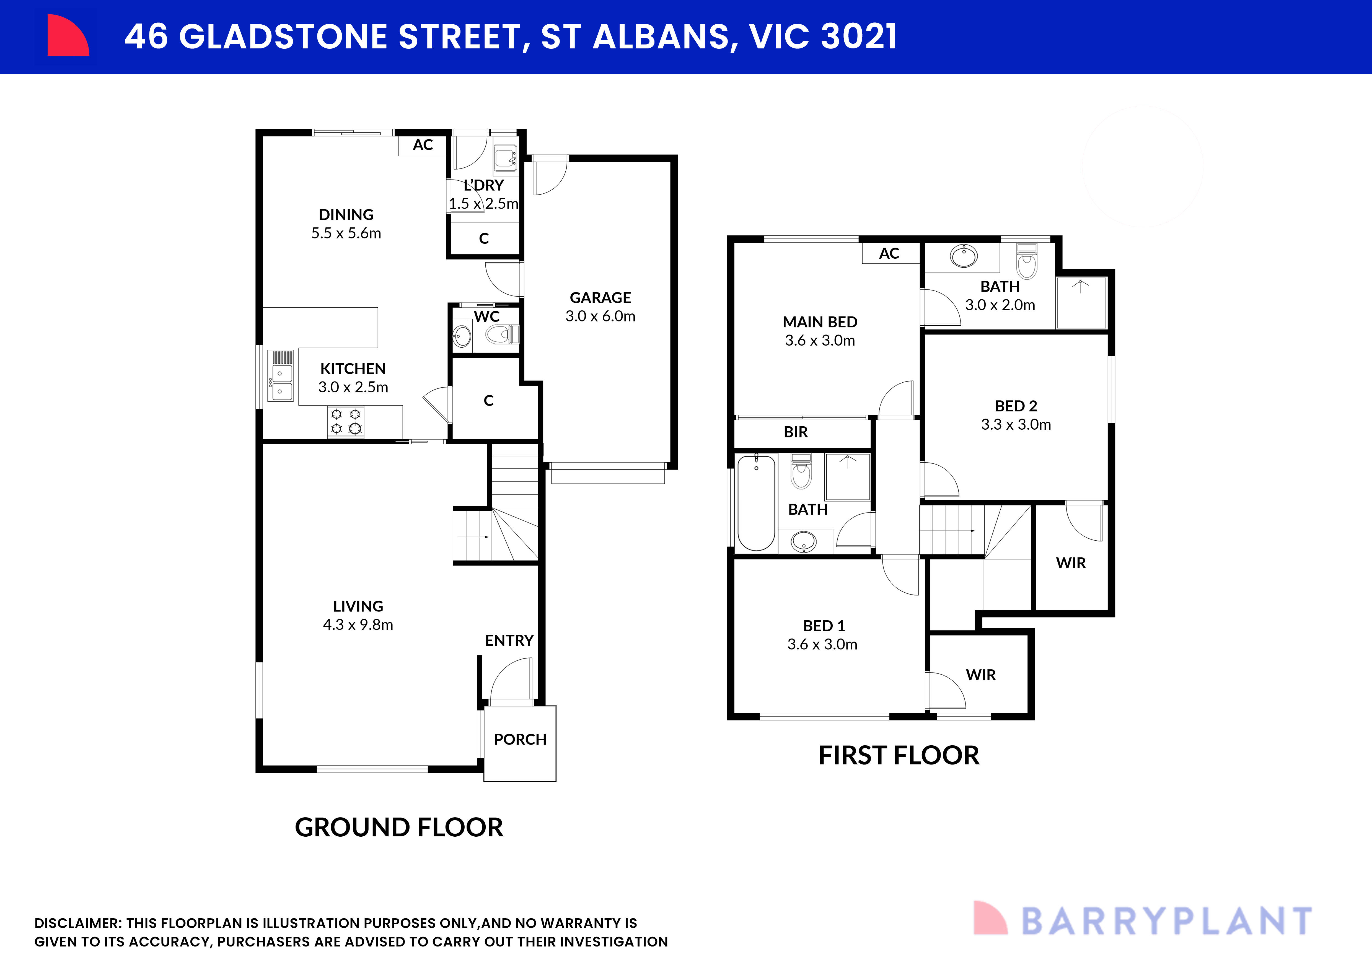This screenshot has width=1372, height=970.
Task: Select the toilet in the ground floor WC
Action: click(501, 334)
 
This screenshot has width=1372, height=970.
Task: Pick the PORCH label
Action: click(520, 740)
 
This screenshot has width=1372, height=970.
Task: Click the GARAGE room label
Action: click(600, 297)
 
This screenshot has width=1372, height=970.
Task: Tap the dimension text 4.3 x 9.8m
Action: click(358, 625)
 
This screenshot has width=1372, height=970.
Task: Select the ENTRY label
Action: click(509, 640)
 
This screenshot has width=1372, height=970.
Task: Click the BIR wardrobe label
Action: click(795, 432)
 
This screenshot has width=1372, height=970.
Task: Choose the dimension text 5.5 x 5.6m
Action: click(346, 233)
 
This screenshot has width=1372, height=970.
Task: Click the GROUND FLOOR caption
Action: click(398, 827)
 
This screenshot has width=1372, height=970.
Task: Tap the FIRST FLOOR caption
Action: click(899, 756)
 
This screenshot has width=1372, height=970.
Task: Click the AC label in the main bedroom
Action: click(889, 253)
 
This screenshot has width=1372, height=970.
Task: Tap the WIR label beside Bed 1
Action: click(981, 675)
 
